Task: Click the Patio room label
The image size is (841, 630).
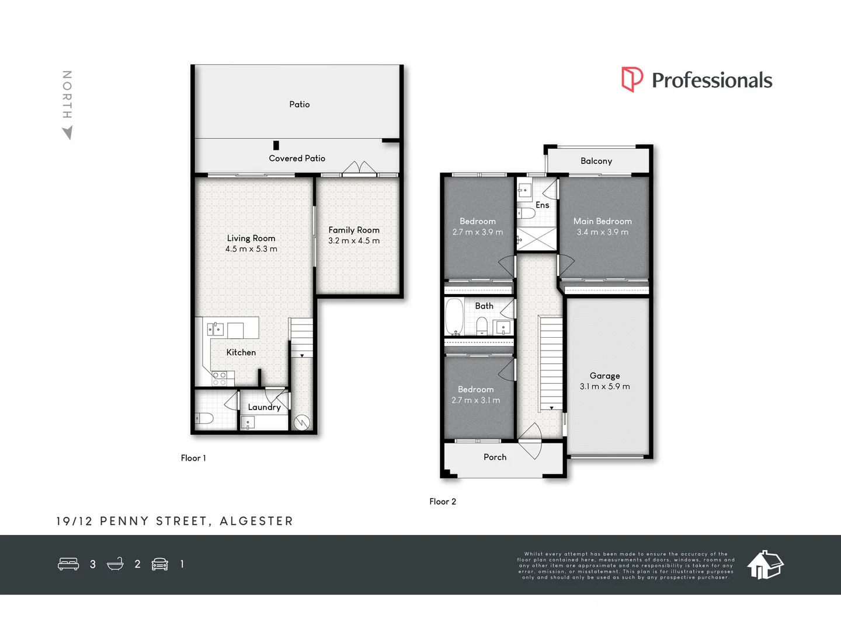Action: coord(299,104)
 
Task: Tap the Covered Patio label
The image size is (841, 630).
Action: coord(297,158)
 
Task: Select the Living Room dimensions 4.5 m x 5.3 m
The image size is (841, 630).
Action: coord(251,249)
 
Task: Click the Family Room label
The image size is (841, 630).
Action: coord(353,230)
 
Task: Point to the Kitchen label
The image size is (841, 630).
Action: coord(241,352)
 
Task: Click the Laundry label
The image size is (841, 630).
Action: coord(264,407)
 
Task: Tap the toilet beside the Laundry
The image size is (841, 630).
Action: coord(204,418)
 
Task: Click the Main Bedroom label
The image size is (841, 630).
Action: coord(602,221)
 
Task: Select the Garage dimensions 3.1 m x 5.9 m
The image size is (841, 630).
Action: coord(604,387)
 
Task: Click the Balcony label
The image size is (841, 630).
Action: coord(596,161)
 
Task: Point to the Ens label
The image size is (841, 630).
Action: coord(542,205)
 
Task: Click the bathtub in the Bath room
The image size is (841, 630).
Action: coord(454,317)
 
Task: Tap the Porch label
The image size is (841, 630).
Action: coord(495,457)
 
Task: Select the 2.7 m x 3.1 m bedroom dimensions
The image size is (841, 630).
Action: coord(475,400)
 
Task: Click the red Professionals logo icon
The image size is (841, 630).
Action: coord(632,79)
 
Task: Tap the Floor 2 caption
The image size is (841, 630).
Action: coord(442,502)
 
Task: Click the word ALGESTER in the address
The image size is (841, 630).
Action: coord(256,521)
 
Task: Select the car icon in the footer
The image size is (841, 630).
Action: coord(159,564)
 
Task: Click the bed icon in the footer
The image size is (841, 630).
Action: coord(68,564)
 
